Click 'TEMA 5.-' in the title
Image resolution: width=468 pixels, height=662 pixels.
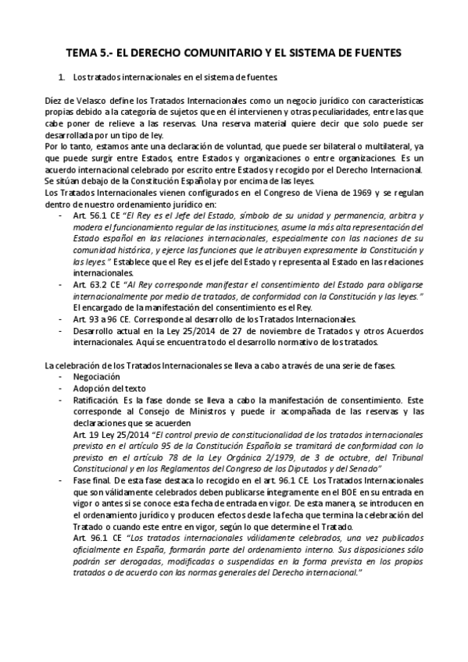(88, 53)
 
